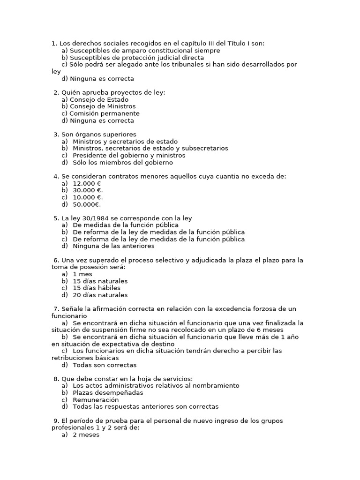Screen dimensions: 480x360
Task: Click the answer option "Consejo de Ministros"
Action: tap(103, 106)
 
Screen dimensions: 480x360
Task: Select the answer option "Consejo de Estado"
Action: tap(99, 99)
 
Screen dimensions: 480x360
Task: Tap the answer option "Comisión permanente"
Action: tap(105, 113)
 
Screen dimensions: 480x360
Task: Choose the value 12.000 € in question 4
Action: tap(87, 183)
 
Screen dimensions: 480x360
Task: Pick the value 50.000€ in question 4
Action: tap(88, 204)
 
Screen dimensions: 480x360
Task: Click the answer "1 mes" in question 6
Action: tap(82, 274)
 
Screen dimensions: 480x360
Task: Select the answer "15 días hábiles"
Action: tap(97, 288)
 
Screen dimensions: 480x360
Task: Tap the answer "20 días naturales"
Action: tap(100, 295)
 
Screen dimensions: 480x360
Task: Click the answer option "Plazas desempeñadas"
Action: tap(108, 392)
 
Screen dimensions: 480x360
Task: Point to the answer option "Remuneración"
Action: tap(96, 400)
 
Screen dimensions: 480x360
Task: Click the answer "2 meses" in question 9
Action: tap(86, 435)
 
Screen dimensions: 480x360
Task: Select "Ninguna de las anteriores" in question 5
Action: tap(113, 246)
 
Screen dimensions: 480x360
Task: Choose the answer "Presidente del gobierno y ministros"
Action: tap(129, 155)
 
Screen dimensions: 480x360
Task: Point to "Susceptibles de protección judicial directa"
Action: tap(133, 58)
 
